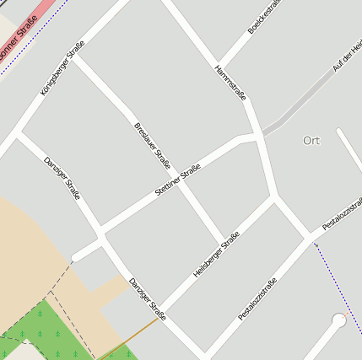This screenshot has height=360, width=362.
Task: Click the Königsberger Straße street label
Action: click(x=62, y=67)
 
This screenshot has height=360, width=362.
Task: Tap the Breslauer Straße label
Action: click(x=153, y=145)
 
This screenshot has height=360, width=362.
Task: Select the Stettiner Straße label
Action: click(x=178, y=181)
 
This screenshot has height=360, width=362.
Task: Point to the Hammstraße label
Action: click(x=230, y=83)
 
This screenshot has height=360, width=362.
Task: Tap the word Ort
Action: click(x=311, y=140)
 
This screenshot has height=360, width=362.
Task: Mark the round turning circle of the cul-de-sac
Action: click(x=339, y=320)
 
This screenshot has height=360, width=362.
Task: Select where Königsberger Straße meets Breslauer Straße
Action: click(x=74, y=57)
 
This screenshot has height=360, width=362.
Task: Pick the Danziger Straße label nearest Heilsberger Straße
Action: click(x=147, y=299)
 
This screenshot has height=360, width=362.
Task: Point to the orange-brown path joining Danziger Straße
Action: click(x=127, y=339)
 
